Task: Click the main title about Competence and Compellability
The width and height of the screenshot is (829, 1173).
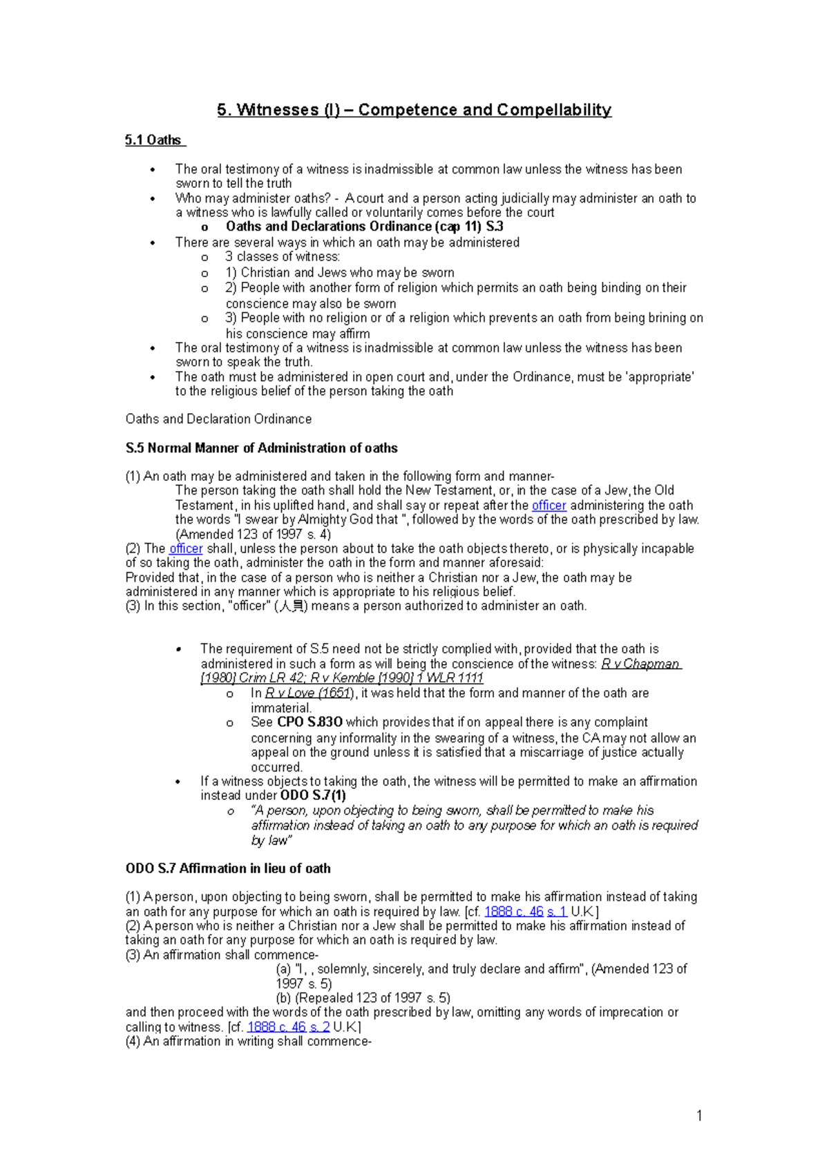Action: click(x=414, y=110)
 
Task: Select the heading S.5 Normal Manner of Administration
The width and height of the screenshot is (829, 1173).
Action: click(x=261, y=448)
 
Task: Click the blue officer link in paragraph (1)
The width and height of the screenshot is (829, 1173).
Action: click(x=549, y=506)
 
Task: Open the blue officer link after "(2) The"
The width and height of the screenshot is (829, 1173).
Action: click(x=186, y=549)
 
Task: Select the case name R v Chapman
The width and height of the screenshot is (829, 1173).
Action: click(x=640, y=664)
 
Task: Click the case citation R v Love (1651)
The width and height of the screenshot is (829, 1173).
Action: click(x=309, y=693)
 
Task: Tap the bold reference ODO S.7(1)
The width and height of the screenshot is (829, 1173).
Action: click(x=313, y=796)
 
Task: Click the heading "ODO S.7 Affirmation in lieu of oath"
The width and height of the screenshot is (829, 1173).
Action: click(x=227, y=868)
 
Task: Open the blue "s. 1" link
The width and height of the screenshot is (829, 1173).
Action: click(x=556, y=912)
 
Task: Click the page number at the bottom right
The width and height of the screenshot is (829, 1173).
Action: click(x=699, y=1116)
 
